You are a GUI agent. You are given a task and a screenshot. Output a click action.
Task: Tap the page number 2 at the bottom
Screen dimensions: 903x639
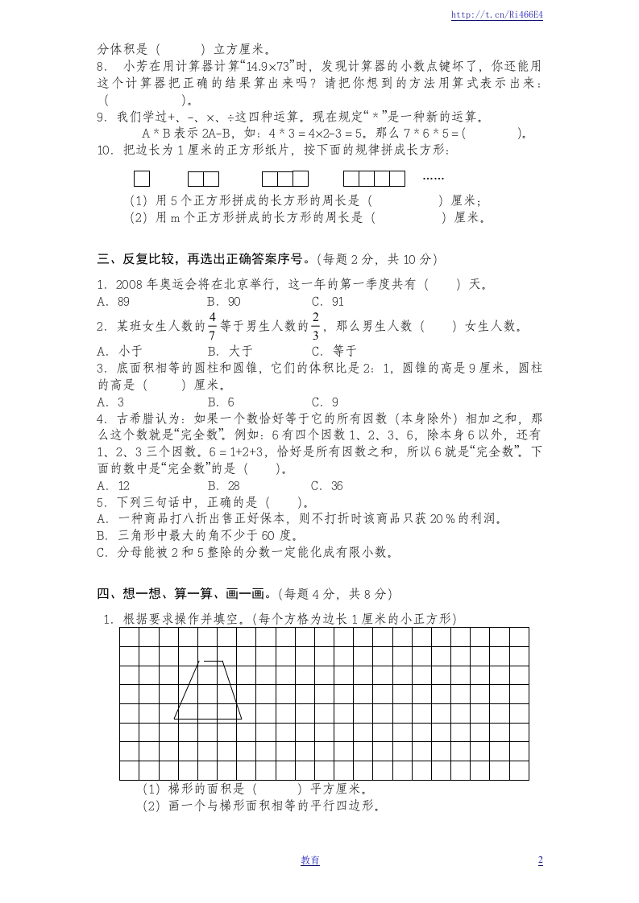540,860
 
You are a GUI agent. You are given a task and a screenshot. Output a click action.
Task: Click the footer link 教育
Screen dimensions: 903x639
310,860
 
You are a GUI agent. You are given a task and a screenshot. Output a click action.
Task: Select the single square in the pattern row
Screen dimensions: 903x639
142,179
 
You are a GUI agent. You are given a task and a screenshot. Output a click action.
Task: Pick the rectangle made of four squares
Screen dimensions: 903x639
374,179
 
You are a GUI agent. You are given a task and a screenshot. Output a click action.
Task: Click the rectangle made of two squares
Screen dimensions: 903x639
203,179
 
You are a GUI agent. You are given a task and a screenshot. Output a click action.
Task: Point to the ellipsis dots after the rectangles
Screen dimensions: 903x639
433,177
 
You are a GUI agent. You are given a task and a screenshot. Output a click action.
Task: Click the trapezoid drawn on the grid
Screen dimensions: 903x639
208,692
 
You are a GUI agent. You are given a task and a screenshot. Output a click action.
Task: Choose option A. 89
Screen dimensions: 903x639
114,302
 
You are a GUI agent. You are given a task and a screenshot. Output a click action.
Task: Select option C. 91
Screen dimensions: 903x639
327,302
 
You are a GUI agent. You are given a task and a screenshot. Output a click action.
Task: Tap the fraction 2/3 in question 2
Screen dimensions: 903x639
316,326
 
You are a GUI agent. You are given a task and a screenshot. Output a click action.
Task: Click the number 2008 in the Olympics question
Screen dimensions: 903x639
129,284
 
